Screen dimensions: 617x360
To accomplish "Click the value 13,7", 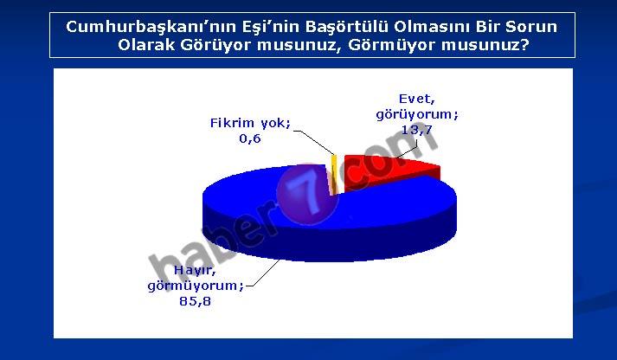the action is tap(417, 130).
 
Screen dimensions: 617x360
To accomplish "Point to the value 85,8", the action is tap(196, 301).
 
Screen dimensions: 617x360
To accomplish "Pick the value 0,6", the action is tap(250, 138).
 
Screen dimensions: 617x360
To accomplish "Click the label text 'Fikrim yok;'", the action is tap(250, 123).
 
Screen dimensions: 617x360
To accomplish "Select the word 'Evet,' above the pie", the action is tap(417, 100).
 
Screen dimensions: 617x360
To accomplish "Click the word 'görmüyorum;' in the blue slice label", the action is tap(196, 286).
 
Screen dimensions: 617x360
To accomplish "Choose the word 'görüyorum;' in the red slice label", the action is tap(417, 115).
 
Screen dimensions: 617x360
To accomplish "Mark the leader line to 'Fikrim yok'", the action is tap(313, 142).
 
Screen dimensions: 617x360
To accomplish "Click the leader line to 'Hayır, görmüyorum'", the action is tap(263, 273).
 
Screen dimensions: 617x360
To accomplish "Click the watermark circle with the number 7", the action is tap(308, 195).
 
